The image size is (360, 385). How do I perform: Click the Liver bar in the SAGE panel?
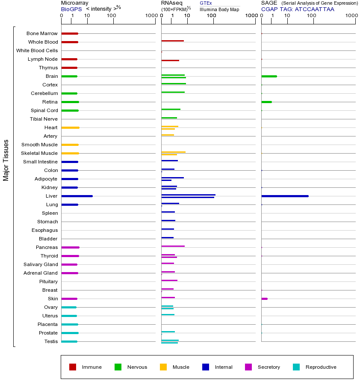[285, 196]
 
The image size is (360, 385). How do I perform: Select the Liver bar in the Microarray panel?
[77, 196]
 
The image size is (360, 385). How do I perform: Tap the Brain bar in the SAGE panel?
[269, 76]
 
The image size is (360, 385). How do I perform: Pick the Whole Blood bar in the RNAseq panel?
[172, 41]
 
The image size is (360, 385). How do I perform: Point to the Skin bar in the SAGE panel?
[264, 299]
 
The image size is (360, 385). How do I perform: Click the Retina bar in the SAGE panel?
[266, 102]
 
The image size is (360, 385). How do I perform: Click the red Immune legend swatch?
[73, 367]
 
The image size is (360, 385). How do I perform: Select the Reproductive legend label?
[321, 367]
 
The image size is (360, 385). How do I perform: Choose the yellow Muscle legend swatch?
[163, 367]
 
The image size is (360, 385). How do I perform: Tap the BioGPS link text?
[71, 9]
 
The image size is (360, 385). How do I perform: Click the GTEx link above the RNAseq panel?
[206, 3]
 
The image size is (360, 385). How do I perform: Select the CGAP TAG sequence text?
[298, 9]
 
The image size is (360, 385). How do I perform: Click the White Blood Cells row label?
[37, 50]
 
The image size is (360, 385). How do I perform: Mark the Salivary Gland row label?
[41, 264]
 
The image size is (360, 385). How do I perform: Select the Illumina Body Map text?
[219, 9]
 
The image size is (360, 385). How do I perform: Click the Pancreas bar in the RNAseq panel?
[173, 246]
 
